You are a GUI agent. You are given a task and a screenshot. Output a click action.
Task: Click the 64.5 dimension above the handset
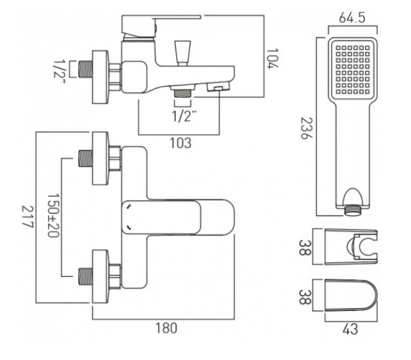[x=352, y=18]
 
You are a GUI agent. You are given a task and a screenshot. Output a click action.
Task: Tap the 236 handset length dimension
[x=307, y=129]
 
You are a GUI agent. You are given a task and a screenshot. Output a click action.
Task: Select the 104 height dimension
[x=272, y=58]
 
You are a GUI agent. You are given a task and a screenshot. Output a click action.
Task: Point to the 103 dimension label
[x=181, y=143]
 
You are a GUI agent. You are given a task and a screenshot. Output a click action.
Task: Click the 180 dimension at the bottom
[x=167, y=328]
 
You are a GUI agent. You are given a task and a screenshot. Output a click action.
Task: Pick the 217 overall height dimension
[x=27, y=217]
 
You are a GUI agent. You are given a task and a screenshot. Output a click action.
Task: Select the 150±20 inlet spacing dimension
[x=53, y=215]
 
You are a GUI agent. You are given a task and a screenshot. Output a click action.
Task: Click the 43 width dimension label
[x=350, y=329]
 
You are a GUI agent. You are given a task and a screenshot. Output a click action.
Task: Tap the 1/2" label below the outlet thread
[x=184, y=116]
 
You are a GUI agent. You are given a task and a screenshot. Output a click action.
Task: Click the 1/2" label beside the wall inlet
[x=59, y=69]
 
